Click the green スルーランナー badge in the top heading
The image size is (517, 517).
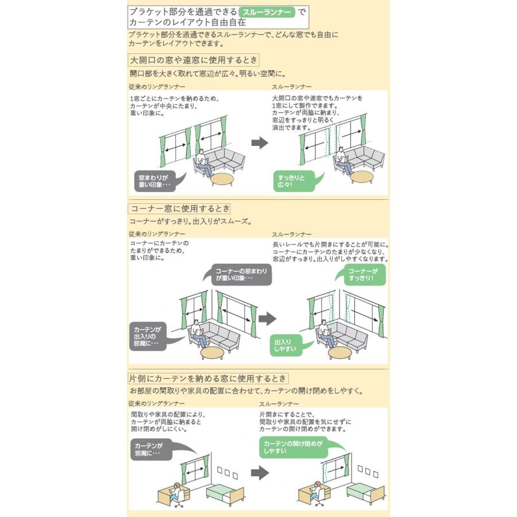tap(267, 12)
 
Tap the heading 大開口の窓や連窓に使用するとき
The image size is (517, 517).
tap(194, 60)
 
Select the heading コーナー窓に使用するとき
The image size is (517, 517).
tap(179, 209)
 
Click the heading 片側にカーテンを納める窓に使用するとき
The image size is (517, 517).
tap(208, 378)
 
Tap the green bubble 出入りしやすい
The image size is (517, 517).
tap(286, 345)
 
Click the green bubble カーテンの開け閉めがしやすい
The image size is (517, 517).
tap(294, 447)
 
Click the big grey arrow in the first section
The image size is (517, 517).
tap(260, 143)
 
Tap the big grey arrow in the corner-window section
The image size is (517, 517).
tap(267, 318)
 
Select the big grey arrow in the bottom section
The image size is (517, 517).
tap(260, 473)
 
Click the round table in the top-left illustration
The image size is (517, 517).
tap(222, 180)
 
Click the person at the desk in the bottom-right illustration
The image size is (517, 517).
tap(317, 492)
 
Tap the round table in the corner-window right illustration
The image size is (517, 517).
tap(340, 353)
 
